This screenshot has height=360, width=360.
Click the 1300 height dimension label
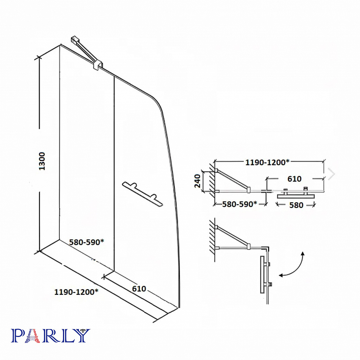tap(42, 161)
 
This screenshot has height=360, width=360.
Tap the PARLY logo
tap(51, 336)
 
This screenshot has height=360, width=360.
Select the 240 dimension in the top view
tap(197, 181)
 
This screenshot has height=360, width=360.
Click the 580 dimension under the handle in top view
tap(296, 205)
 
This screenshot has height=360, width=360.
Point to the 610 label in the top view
tap(294, 179)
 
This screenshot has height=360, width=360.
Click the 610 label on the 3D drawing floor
tap(139, 289)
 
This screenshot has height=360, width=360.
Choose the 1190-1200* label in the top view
tap(267, 162)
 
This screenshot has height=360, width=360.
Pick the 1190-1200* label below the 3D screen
tap(76, 292)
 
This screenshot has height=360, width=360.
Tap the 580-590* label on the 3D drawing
tap(86, 242)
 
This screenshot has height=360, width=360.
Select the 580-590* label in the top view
tap(239, 204)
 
